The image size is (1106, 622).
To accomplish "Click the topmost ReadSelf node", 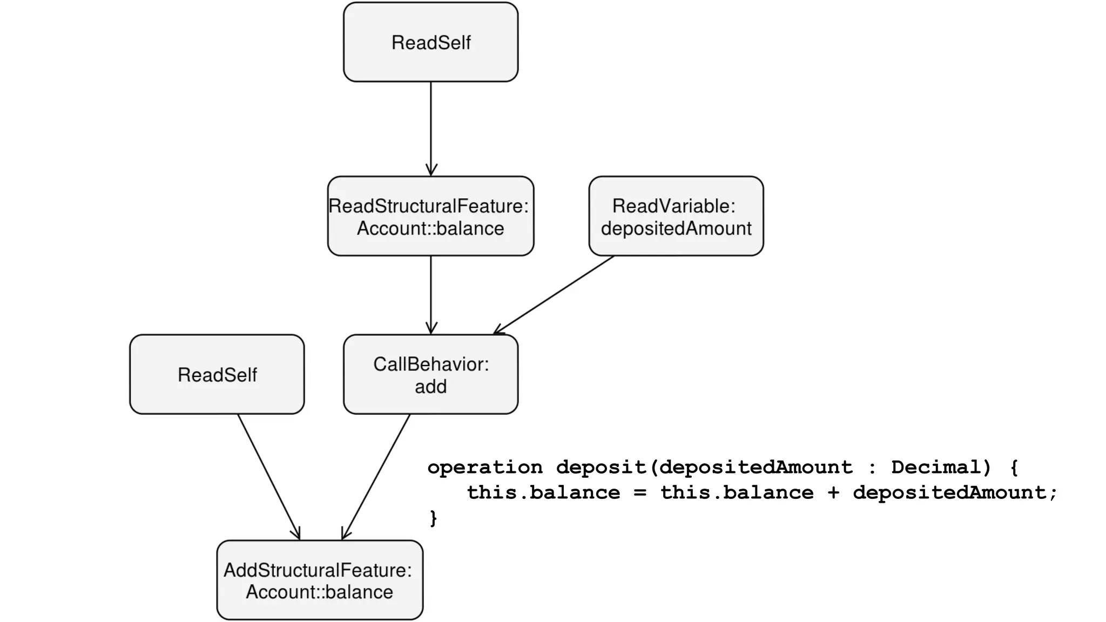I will (430, 42).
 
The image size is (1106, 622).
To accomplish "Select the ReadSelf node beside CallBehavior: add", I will (217, 374).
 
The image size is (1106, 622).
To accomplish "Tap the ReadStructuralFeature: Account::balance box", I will (430, 216).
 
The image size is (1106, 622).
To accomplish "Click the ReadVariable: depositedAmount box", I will (676, 216).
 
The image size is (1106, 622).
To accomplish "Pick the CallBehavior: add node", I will (430, 374).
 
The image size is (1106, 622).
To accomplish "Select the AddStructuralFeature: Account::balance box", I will (320, 580).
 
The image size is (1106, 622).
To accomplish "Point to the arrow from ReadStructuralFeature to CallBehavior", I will (430, 294).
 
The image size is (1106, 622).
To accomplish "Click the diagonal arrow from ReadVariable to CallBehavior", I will (554, 295).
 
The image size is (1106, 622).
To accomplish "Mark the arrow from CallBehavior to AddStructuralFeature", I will (376, 477).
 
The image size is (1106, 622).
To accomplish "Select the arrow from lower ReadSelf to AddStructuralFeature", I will (268, 477).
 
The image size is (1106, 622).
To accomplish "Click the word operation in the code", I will (484, 467).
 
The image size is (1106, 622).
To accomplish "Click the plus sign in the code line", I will (833, 492).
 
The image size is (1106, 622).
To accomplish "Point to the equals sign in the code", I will (640, 492).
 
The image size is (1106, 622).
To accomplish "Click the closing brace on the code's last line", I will (433, 518).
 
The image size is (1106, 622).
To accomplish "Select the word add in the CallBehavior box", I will (430, 387).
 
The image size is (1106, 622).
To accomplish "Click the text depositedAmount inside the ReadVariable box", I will (676, 228).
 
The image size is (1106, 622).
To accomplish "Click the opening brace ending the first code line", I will (1014, 467).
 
